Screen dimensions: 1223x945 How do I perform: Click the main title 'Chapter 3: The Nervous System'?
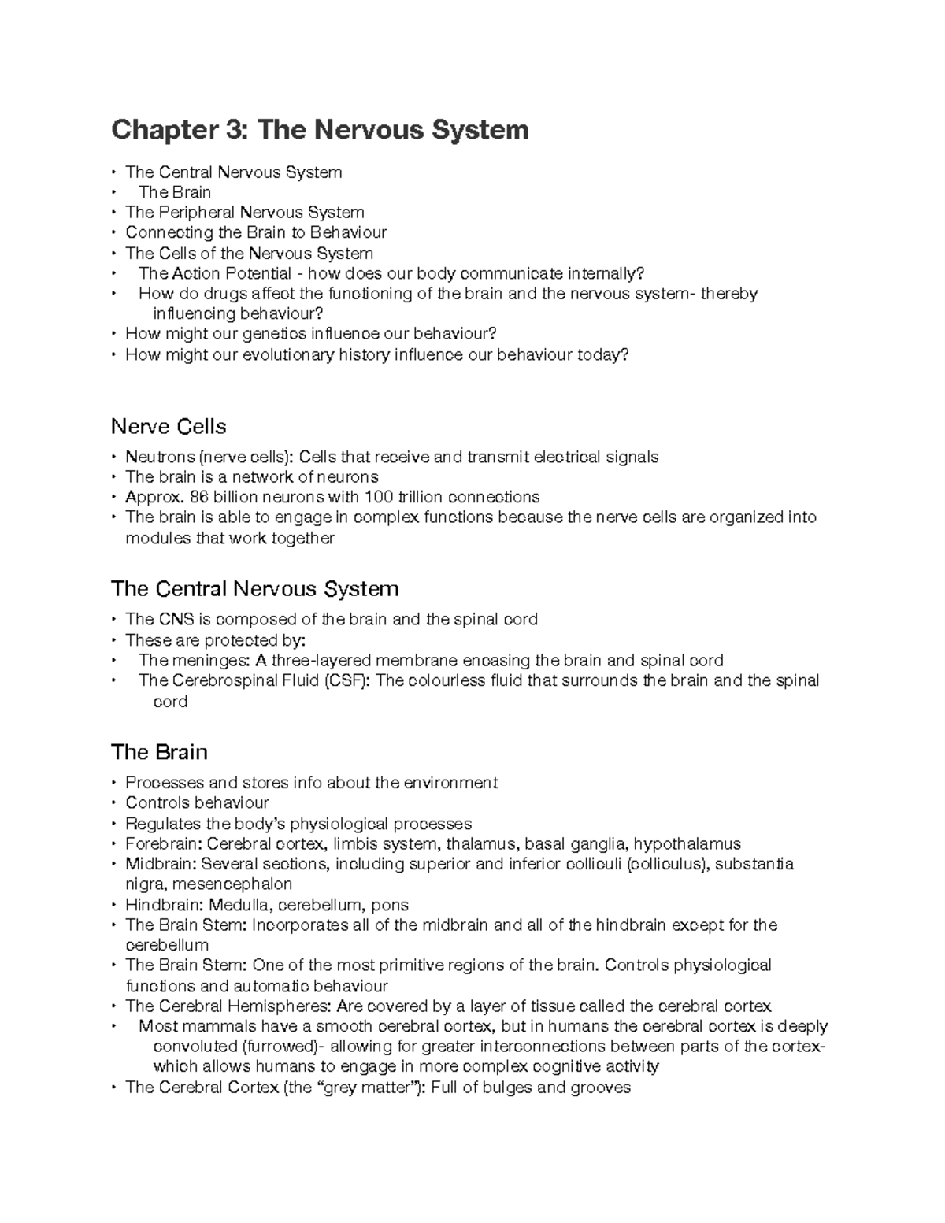click(320, 129)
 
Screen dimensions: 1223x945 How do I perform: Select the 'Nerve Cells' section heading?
click(169, 427)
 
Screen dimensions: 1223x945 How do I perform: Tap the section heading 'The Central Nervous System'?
click(255, 589)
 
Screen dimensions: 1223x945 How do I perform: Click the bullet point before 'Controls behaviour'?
click(115, 803)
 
